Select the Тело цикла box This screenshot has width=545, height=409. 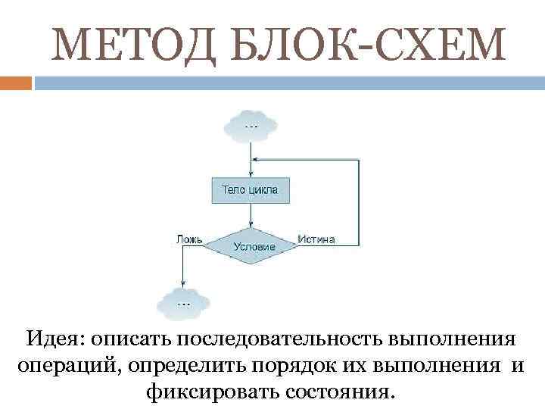(249, 189)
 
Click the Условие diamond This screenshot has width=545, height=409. (250, 245)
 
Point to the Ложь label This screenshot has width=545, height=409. (189, 239)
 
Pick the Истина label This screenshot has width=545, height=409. (316, 239)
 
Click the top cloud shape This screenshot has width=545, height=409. (250, 125)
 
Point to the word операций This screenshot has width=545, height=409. (67, 366)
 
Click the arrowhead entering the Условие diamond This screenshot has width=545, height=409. (250, 224)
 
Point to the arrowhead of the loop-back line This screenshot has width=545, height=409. (255, 160)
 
